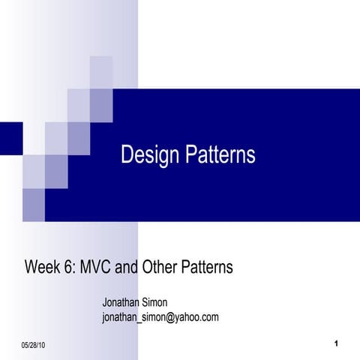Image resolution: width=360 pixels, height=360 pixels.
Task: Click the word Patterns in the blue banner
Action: (218, 155)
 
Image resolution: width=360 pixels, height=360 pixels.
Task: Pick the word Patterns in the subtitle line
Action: (207, 267)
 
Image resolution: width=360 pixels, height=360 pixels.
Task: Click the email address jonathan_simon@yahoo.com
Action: (160, 317)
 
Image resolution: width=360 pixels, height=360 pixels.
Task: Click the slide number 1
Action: (338, 343)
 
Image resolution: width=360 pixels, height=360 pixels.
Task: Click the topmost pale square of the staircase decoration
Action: (101, 72)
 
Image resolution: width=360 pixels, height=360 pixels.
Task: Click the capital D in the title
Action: (127, 155)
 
